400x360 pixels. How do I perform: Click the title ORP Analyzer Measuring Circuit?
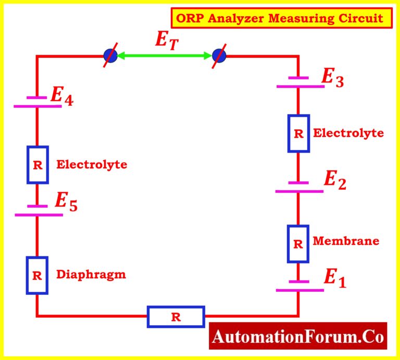[x=280, y=19]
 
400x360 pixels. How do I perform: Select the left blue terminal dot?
[x=110, y=55]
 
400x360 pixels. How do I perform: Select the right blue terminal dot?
[x=220, y=55]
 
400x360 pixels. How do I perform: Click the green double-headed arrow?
[x=165, y=55]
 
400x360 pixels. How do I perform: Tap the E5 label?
[x=66, y=203]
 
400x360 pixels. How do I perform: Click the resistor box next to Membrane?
[x=298, y=243]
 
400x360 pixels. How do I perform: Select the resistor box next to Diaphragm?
[x=37, y=276]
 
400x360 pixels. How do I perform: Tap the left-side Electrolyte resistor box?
[x=37, y=165]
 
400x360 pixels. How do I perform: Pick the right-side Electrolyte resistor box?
[x=298, y=133]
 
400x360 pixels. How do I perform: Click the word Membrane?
[x=346, y=241]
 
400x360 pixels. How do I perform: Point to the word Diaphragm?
[x=91, y=274]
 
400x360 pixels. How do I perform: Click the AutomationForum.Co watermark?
[x=298, y=337]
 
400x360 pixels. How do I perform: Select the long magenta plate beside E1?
[x=299, y=290]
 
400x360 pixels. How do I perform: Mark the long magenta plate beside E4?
[x=37, y=106]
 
